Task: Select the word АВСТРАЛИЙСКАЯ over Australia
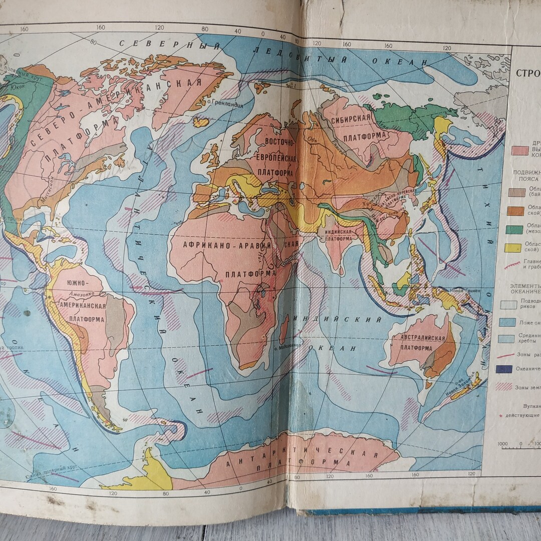click(x=422, y=338)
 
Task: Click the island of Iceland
click(x=201, y=122)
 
